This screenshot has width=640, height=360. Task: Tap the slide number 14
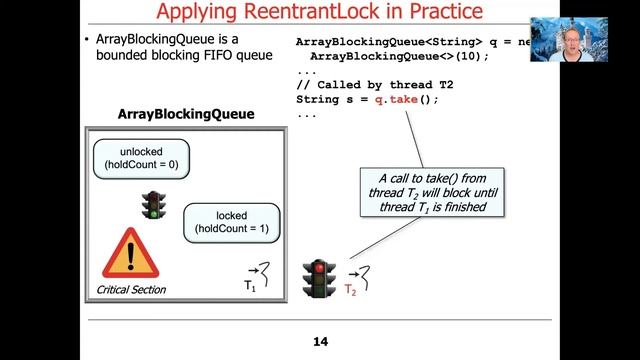(320, 343)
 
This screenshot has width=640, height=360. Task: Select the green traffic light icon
(152, 205)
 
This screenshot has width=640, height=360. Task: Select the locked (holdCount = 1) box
(231, 222)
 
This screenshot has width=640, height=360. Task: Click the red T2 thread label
(350, 290)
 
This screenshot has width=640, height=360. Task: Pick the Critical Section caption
(131, 290)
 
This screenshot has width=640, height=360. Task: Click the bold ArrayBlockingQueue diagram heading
(186, 115)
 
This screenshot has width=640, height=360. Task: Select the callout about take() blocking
(433, 193)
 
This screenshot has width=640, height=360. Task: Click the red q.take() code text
(406, 100)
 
